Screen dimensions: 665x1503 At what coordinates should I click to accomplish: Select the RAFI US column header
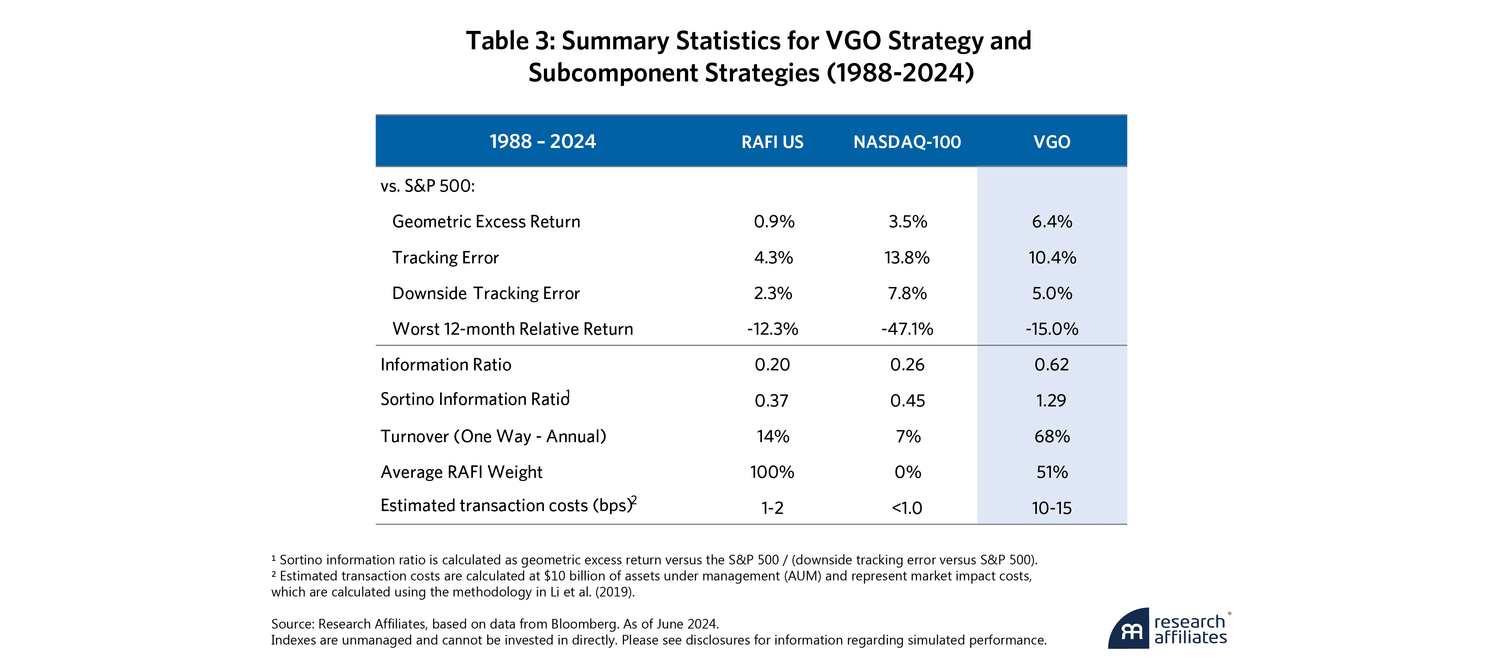pos(772,142)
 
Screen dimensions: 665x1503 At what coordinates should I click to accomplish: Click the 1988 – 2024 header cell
pos(543,142)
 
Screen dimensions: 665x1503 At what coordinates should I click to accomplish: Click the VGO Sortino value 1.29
pos(1051,401)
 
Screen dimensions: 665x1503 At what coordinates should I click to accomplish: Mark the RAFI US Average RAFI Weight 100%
pos(772,472)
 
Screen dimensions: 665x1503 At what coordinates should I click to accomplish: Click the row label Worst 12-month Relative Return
pos(512,329)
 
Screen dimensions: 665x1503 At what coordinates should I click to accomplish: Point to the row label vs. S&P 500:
pos(428,186)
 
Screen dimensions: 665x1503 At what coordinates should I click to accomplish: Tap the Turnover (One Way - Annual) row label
pos(493,437)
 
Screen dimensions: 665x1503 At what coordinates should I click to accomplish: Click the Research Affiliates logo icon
pos(1129,629)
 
